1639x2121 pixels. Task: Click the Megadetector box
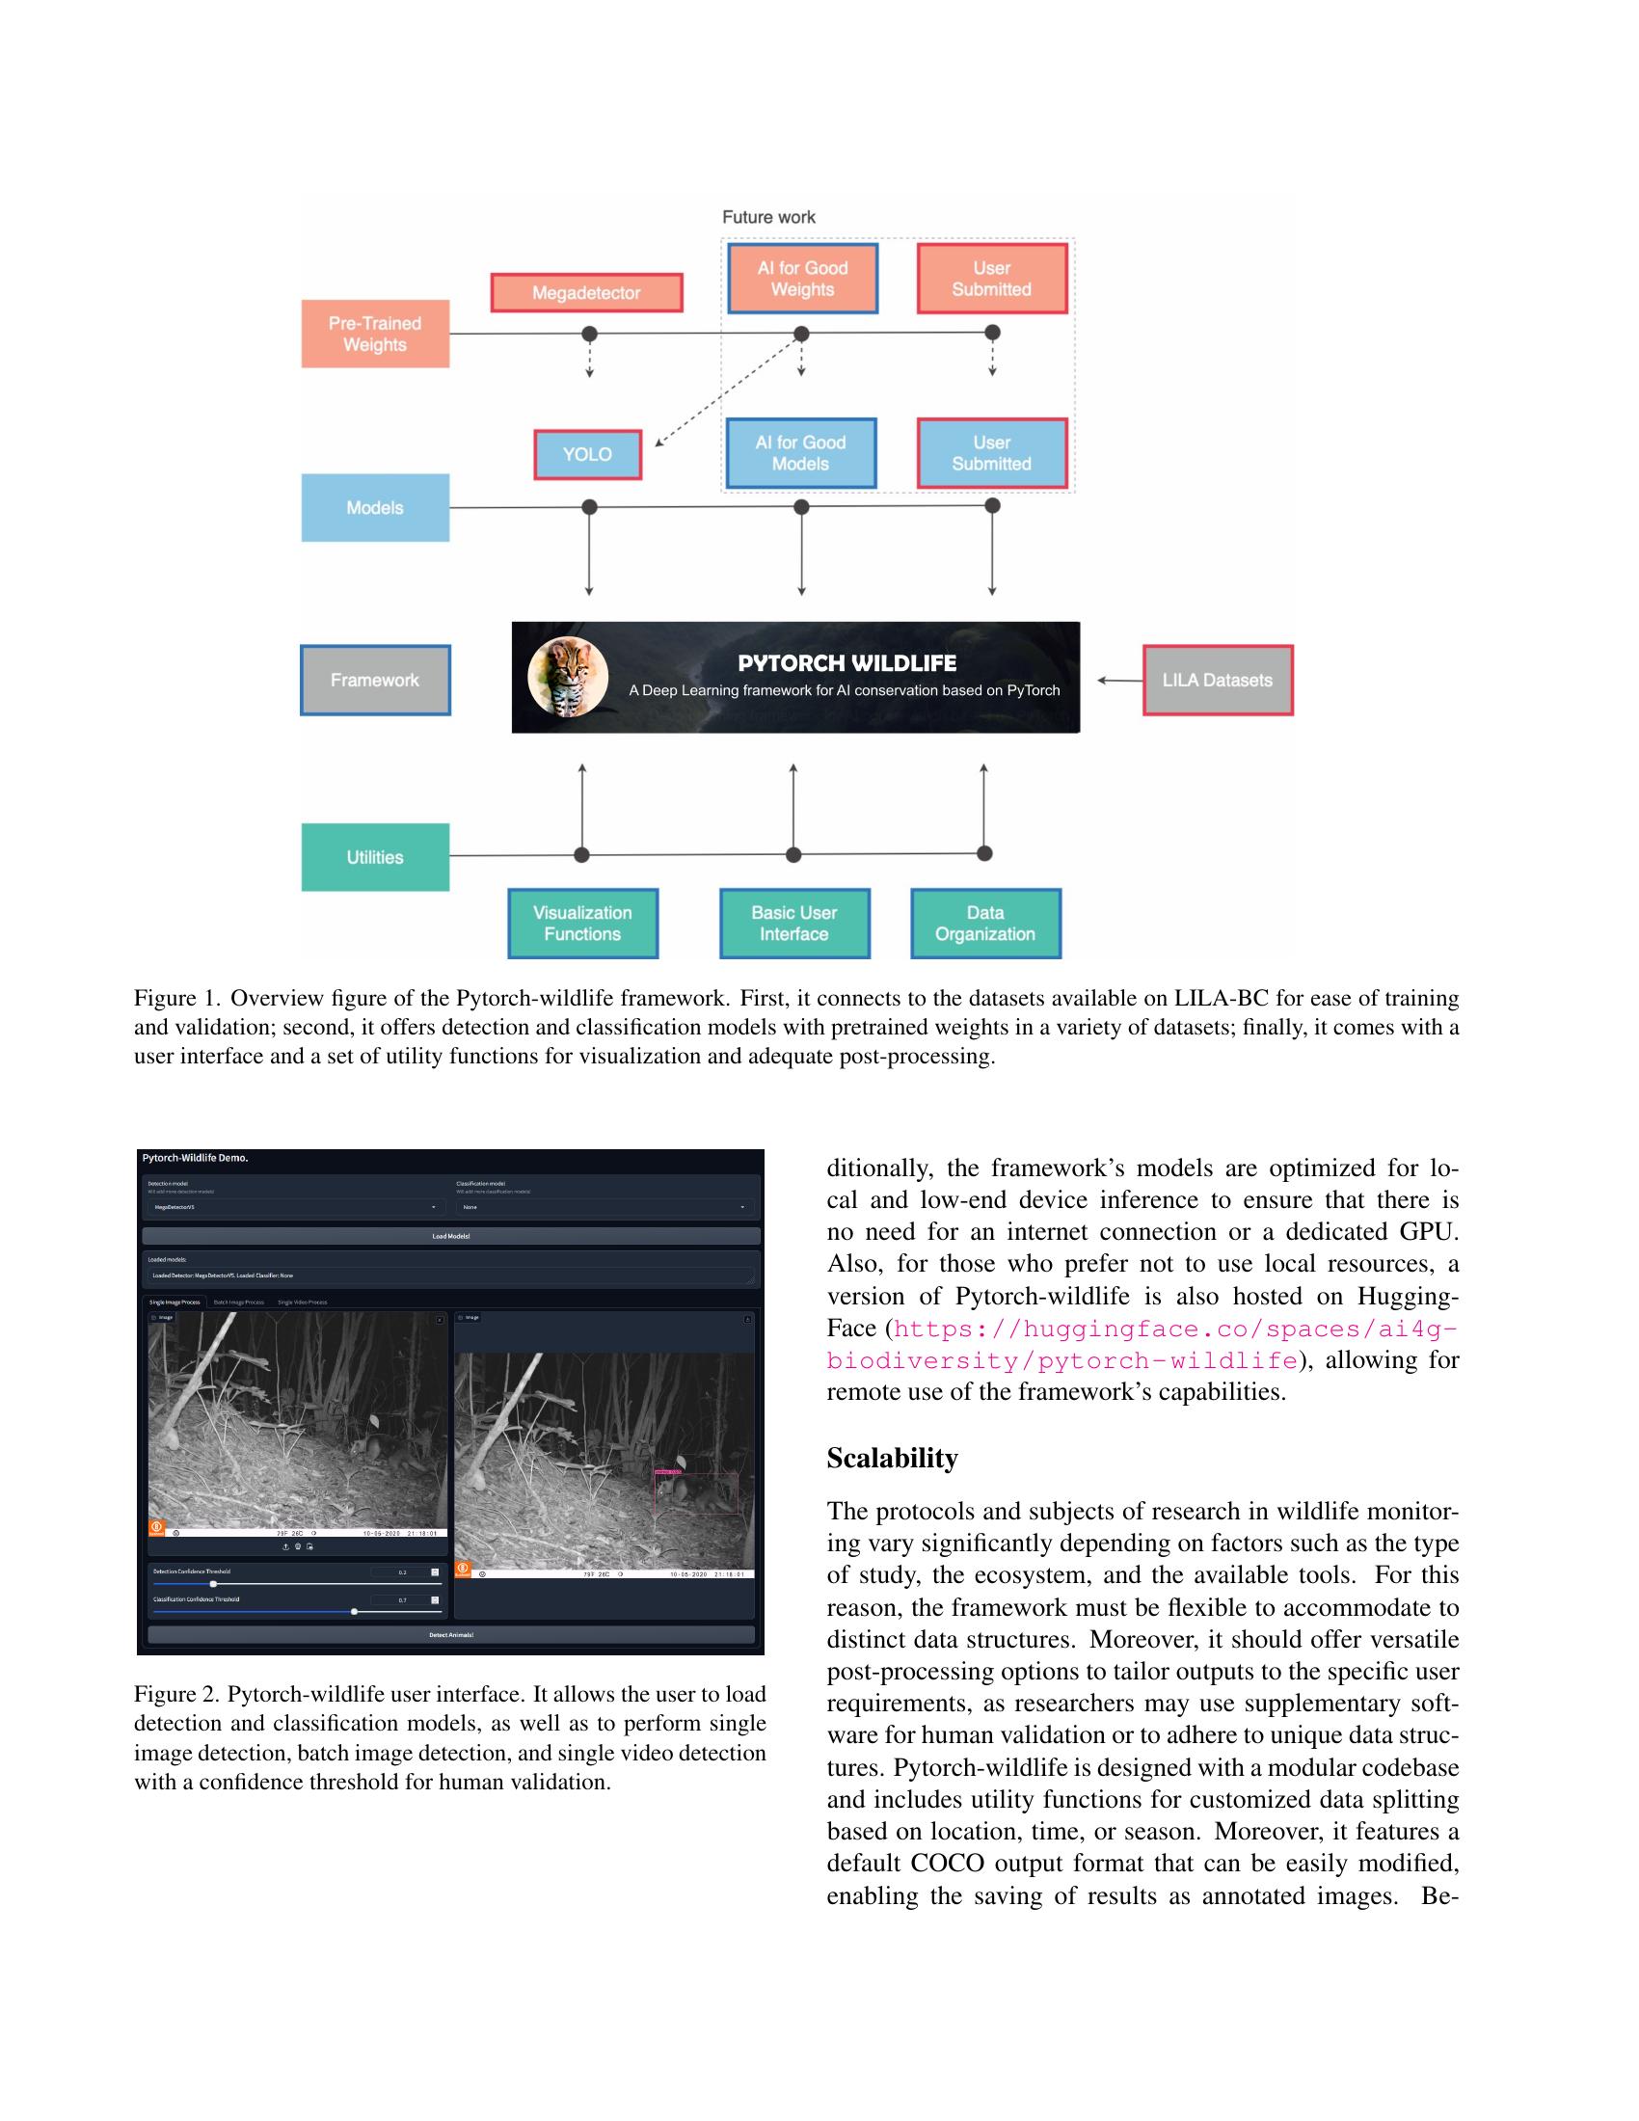coord(585,292)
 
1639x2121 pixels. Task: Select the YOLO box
coord(587,453)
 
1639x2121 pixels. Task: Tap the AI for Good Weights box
coord(802,278)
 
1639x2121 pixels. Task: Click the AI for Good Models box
coord(800,452)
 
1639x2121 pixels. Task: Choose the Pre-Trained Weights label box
coord(375,334)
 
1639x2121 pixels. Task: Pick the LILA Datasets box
coord(1217,680)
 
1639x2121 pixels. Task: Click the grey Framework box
coord(375,680)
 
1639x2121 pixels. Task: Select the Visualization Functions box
coord(582,923)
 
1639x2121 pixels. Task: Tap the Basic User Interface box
coord(793,923)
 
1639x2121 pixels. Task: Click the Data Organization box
coord(984,923)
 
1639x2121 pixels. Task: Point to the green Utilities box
coord(375,856)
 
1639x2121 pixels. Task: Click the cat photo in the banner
coord(568,677)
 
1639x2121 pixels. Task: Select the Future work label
coord(768,217)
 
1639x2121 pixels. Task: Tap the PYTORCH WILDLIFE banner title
coord(846,663)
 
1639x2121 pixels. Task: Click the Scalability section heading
coord(892,1458)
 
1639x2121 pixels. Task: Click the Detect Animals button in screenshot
coord(450,1634)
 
